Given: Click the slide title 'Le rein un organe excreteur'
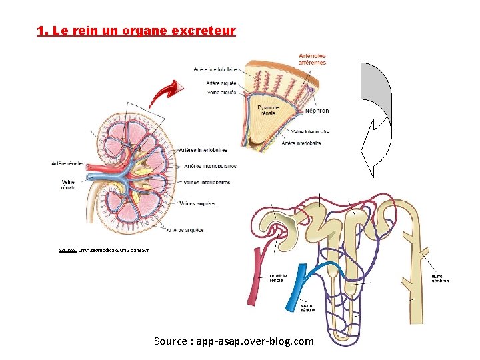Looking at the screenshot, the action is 137,31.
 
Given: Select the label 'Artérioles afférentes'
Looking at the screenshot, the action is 312,59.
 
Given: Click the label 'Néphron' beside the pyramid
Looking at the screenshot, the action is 317,111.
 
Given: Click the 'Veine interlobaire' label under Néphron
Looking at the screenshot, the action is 310,132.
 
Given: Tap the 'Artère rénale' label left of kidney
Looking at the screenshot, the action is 67,163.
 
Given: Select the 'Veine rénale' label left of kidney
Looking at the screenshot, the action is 68,184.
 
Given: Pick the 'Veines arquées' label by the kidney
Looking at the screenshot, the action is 199,203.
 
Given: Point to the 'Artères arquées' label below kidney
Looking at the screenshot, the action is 185,230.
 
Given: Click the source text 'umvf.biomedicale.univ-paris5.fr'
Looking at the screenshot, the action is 105,250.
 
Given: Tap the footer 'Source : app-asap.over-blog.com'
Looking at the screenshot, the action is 233,341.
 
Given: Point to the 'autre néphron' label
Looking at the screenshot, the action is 440,278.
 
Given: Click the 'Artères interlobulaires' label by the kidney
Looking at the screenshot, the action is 209,166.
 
